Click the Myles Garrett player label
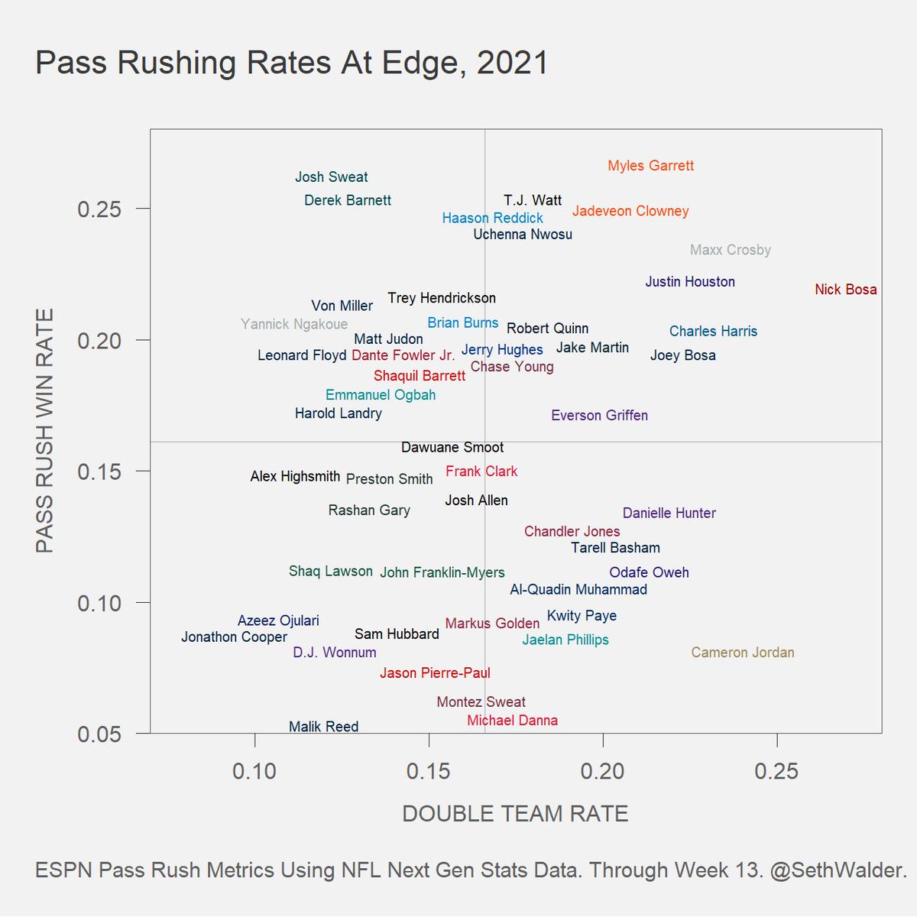coord(650,166)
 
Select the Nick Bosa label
coord(845,290)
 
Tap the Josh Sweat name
coord(331,177)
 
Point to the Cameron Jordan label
coord(742,653)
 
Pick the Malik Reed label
coord(323,727)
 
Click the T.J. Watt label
coord(533,201)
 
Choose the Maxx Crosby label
coord(730,250)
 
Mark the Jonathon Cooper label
coord(234,637)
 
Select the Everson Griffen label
coord(599,416)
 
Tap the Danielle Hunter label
coord(669,514)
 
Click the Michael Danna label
coord(512,721)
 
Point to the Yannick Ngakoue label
coord(294,325)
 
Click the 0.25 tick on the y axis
coord(99,209)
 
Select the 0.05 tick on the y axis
coord(99,734)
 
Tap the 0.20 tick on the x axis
coord(602,771)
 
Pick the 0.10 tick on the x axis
coord(254,771)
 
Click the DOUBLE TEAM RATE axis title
coord(515,814)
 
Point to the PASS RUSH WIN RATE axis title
coord(45,431)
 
